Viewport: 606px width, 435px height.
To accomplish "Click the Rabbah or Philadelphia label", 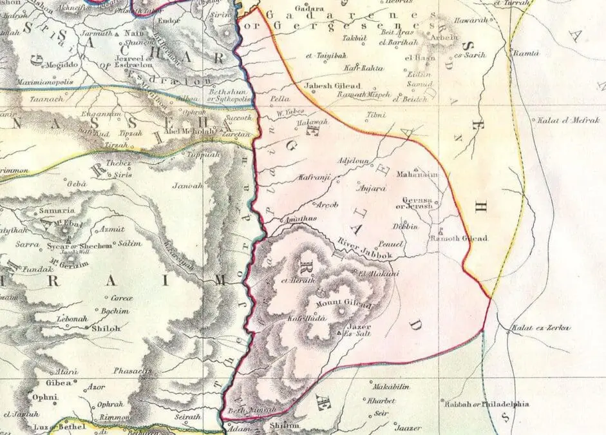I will [486, 404].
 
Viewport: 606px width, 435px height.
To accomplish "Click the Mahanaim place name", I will [418, 174].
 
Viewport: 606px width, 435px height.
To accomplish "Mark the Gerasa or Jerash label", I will [417, 203].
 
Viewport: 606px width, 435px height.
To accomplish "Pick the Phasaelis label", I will [131, 372].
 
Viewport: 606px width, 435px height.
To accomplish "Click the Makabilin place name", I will [391, 385].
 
